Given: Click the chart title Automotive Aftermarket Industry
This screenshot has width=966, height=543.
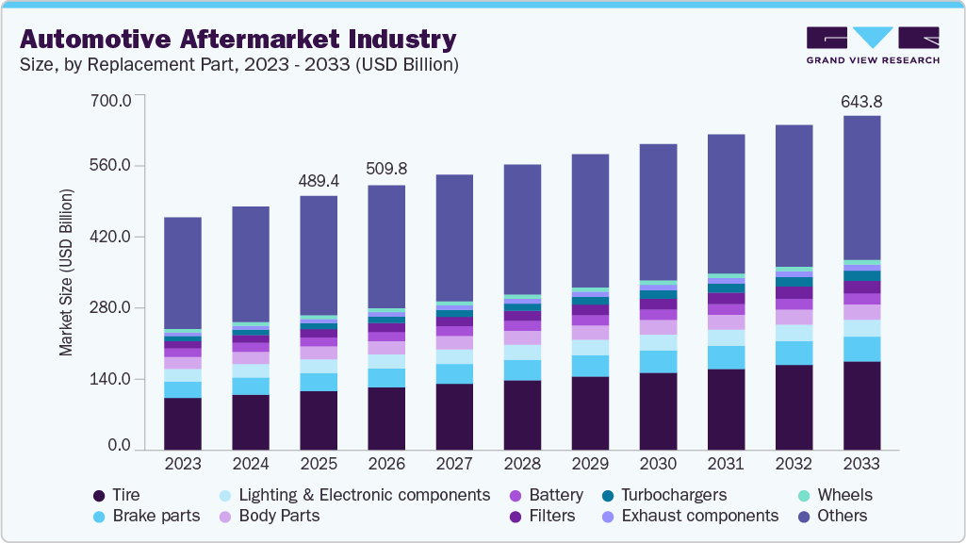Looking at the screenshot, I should pyautogui.click(x=237, y=40).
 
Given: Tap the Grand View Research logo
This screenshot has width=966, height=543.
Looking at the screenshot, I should pyautogui.click(x=872, y=44).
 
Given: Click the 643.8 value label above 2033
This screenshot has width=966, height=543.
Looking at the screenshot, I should pyautogui.click(x=861, y=101).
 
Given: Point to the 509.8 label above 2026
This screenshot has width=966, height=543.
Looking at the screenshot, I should pyautogui.click(x=385, y=170).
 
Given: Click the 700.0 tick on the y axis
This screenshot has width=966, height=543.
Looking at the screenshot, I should pyautogui.click(x=110, y=98).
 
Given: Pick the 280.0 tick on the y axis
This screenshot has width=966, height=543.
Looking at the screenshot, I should pyautogui.click(x=110, y=308).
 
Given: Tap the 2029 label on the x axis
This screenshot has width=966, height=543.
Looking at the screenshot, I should pyautogui.click(x=590, y=464).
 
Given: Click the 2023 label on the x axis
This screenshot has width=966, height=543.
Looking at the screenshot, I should pyautogui.click(x=182, y=464).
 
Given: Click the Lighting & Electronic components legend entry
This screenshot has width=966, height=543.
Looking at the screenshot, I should pyautogui.click(x=364, y=495).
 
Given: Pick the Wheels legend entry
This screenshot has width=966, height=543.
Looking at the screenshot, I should pyautogui.click(x=844, y=495).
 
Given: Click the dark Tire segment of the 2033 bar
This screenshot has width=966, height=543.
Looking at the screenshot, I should pyautogui.click(x=861, y=405).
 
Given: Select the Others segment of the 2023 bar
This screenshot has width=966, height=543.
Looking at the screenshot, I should pyautogui.click(x=182, y=273).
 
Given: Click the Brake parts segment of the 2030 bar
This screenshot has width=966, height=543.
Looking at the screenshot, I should pyautogui.click(x=658, y=362).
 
